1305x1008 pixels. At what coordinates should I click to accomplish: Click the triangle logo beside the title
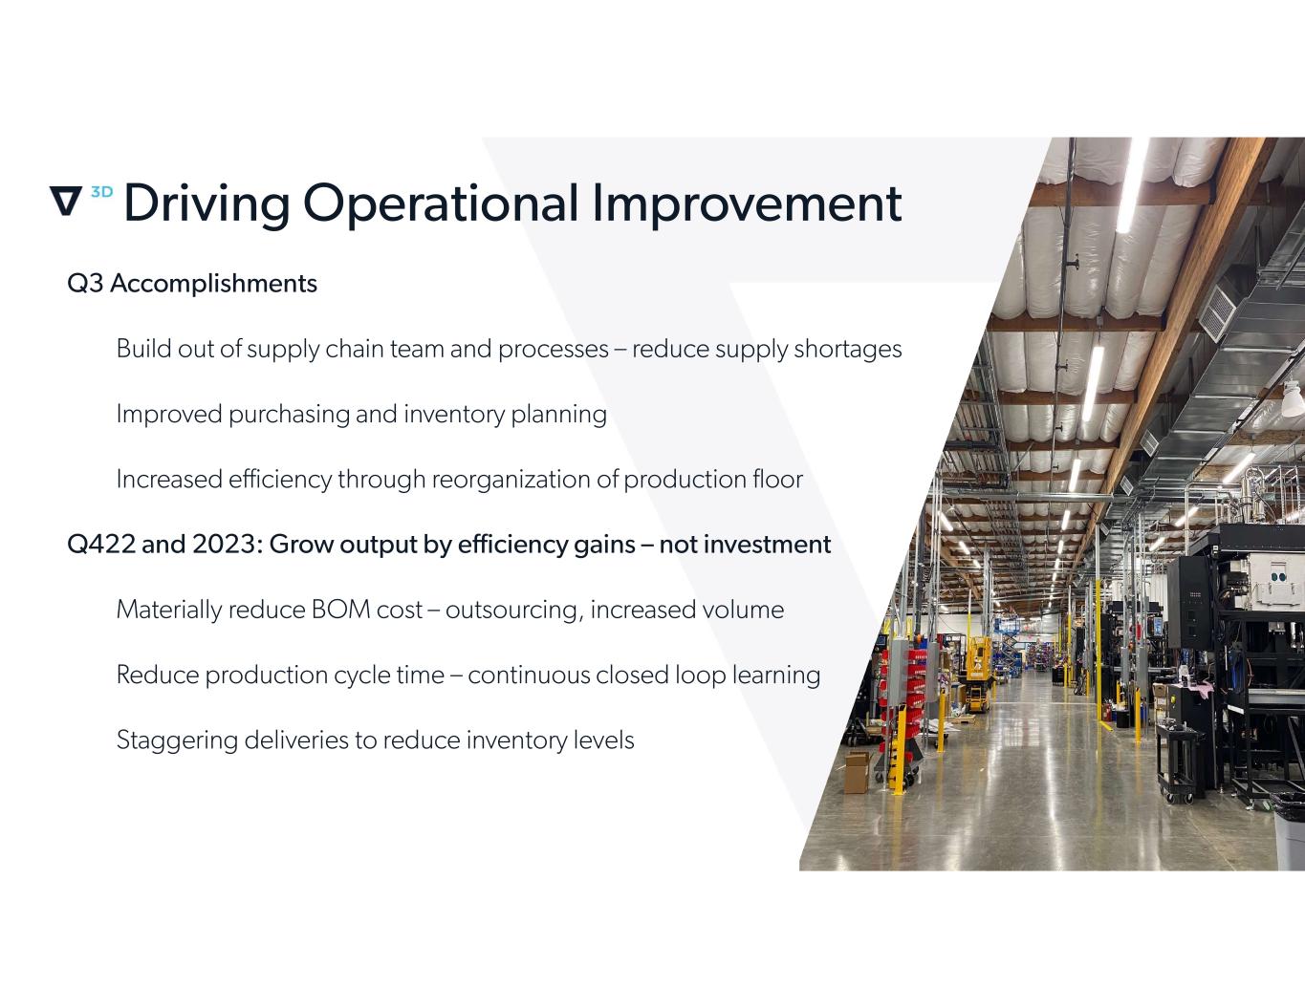[x=65, y=201]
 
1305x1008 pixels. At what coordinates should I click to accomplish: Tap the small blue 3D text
[x=101, y=192]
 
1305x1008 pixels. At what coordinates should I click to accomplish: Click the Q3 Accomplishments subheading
[x=192, y=284]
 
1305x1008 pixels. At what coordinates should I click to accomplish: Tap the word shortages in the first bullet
[x=848, y=349]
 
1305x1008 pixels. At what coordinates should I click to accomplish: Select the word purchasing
[x=289, y=415]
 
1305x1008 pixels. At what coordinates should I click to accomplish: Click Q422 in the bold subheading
[x=101, y=545]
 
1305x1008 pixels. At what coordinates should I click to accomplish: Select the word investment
[x=768, y=545]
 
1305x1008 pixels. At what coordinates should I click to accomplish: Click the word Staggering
[x=177, y=741]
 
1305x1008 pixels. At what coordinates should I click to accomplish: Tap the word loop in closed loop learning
[x=700, y=676]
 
